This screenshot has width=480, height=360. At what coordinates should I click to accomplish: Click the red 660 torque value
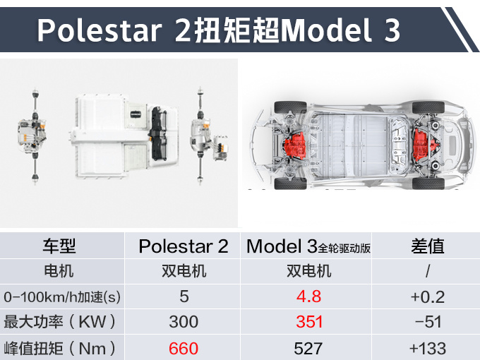click(184, 349)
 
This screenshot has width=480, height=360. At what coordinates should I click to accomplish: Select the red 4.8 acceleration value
click(309, 296)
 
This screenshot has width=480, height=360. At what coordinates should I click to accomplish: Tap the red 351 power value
click(309, 322)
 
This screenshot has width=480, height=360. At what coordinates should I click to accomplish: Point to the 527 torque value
click(308, 349)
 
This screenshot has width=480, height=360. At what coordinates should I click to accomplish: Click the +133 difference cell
click(428, 349)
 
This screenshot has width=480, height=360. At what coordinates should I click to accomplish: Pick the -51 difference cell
click(428, 322)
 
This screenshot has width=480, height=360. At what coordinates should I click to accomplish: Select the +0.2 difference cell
click(428, 297)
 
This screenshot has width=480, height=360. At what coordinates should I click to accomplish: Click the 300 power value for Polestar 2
click(184, 322)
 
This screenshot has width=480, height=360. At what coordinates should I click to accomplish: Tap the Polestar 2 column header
click(184, 246)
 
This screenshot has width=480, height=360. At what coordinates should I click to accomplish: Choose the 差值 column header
click(428, 246)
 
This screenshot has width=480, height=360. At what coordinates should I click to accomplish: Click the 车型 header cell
click(59, 246)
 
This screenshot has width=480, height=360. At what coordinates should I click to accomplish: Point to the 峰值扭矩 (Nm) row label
click(60, 349)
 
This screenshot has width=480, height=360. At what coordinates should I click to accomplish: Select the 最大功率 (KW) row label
click(60, 322)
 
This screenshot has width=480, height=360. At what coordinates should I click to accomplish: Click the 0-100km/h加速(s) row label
click(62, 297)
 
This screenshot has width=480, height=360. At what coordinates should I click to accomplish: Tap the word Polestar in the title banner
click(100, 30)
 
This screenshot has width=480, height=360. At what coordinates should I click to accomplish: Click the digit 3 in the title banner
click(392, 30)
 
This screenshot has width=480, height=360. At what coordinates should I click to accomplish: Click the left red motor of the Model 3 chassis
click(295, 145)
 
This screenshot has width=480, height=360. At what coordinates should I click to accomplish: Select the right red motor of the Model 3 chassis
click(424, 144)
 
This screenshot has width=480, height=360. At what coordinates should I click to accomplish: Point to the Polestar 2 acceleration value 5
click(184, 296)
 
